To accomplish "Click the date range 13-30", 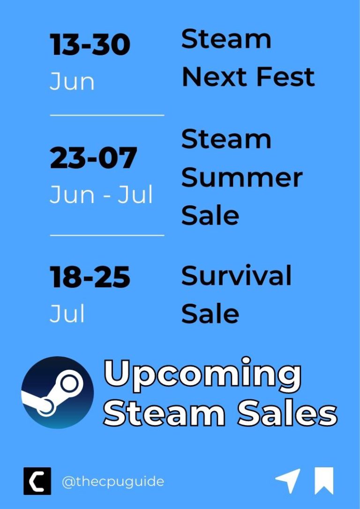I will (x=90, y=45).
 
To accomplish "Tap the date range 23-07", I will (x=93, y=158).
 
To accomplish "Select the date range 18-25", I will (x=90, y=277).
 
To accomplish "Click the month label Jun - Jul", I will (x=101, y=195).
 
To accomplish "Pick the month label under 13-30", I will (x=72, y=82).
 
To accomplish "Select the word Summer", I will (x=241, y=178).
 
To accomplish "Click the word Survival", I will (x=236, y=276).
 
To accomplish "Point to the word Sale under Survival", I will (x=210, y=313).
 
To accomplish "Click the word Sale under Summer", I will (x=210, y=216).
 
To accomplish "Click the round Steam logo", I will (x=57, y=392).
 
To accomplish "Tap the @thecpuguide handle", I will (x=112, y=481).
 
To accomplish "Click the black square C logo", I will (x=37, y=481).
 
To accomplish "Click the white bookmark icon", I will (x=324, y=481).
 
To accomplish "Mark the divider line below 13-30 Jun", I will (x=107, y=115).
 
